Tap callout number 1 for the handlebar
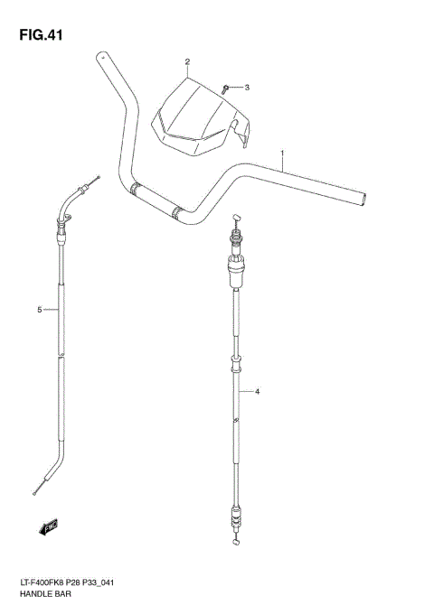click(282, 153)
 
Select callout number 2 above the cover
click(187, 62)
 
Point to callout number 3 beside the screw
click(245, 88)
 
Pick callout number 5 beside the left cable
click(40, 310)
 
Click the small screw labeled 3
click(226, 89)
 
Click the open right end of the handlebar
click(363, 196)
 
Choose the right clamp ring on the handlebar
click(177, 214)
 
